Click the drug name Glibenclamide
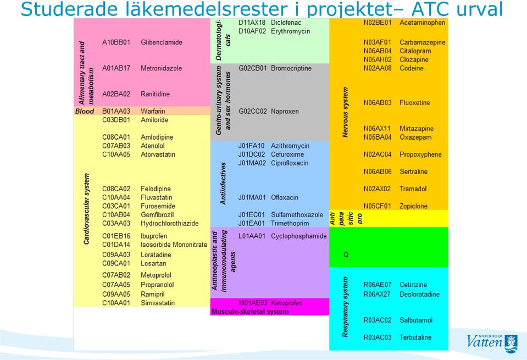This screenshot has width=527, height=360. (x=162, y=42)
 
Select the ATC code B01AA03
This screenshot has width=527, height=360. (x=116, y=111)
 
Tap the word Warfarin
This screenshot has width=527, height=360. (x=153, y=111)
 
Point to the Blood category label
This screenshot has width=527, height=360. (x=85, y=111)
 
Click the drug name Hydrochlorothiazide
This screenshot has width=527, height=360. (x=169, y=223)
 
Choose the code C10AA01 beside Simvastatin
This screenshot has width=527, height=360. (x=116, y=303)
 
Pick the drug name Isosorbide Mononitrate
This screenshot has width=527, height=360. (x=174, y=245)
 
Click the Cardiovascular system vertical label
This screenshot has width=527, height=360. (x=86, y=209)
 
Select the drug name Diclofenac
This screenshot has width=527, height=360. (x=286, y=23)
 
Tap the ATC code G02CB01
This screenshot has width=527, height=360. (x=252, y=68)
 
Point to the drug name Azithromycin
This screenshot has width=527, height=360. (x=290, y=146)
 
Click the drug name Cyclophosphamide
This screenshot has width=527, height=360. (x=299, y=236)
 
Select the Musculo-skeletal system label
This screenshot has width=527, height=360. (x=250, y=312)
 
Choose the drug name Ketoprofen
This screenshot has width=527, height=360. (x=286, y=303)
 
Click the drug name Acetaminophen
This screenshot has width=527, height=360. (x=422, y=23)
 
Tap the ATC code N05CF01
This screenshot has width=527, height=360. (x=377, y=206)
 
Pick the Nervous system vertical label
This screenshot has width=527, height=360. (x=345, y=112)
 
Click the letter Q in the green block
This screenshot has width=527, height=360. (x=346, y=255)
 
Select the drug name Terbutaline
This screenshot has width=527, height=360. (x=415, y=337)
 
